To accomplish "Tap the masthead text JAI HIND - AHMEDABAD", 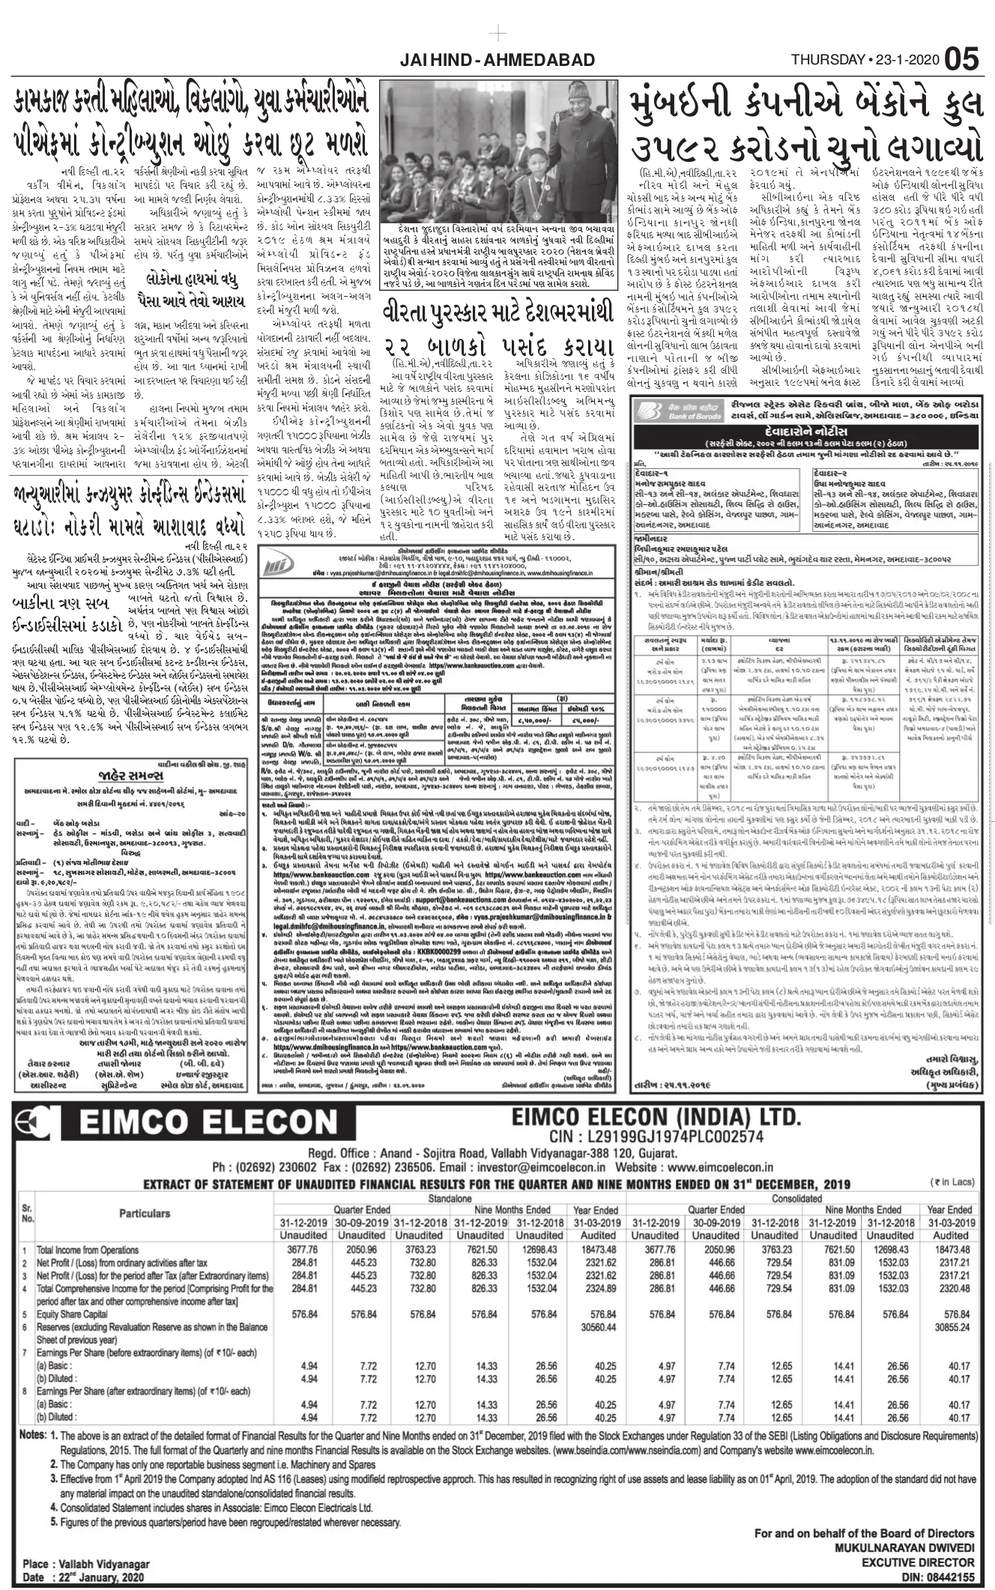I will click(497, 60).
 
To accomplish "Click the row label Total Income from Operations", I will click(88, 1250).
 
